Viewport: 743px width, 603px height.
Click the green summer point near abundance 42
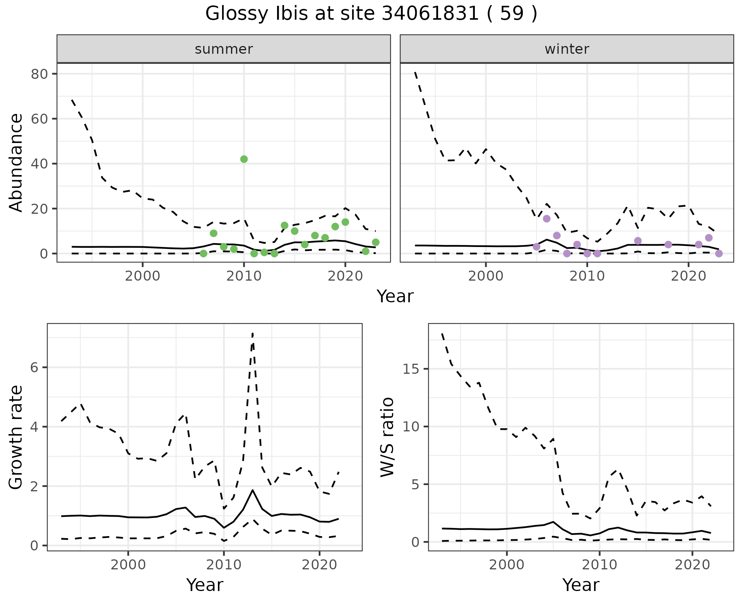[244, 159]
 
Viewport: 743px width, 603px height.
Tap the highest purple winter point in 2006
[546, 219]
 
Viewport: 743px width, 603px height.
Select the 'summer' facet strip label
[224, 49]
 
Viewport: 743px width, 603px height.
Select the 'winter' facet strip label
[567, 49]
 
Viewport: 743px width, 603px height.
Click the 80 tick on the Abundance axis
[39, 74]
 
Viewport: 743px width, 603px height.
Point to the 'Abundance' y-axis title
[16, 163]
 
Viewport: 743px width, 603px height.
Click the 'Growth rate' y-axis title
[16, 437]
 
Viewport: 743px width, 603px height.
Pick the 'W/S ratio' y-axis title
[387, 437]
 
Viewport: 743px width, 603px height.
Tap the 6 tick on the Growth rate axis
[34, 367]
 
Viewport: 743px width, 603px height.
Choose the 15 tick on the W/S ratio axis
[412, 369]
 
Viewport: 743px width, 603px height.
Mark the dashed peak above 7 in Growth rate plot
[252, 333]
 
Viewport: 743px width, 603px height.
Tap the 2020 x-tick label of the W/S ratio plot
[692, 565]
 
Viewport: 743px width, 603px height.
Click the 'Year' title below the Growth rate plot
[205, 585]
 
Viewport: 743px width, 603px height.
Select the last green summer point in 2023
[375, 242]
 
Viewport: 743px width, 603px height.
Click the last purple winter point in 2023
[719, 254]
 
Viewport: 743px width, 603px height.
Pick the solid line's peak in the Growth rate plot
[252, 490]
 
